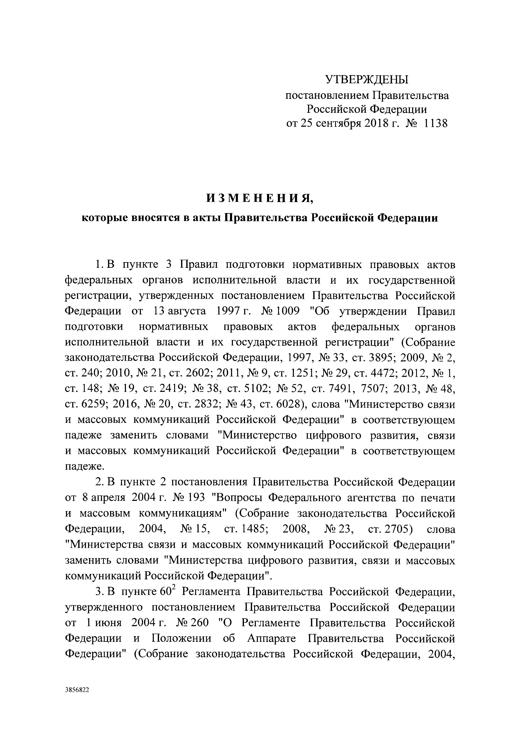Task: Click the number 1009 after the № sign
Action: click(288, 311)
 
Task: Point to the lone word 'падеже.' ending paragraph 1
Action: click(80, 466)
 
